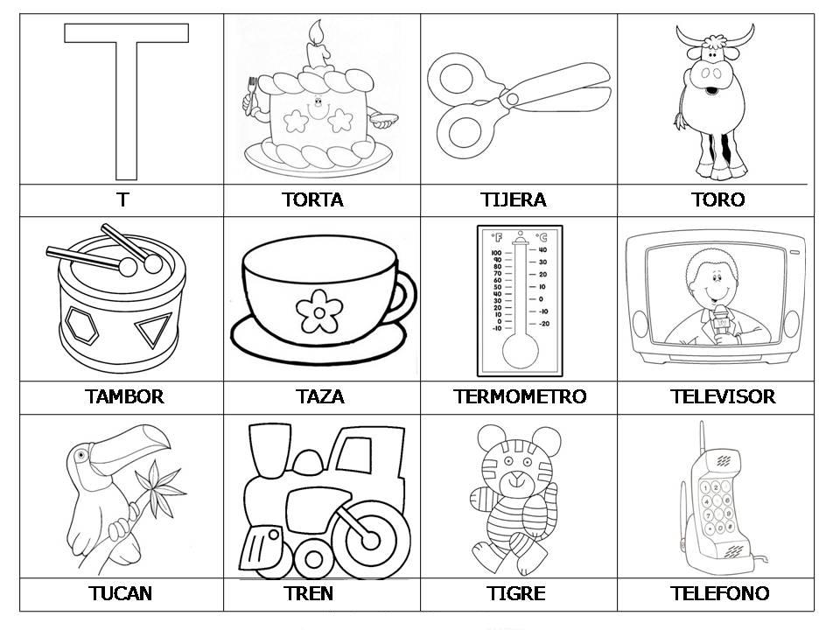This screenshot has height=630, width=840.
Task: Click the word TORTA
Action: (x=313, y=199)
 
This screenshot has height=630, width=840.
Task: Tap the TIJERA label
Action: (x=514, y=199)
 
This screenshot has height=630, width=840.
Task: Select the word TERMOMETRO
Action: (x=520, y=396)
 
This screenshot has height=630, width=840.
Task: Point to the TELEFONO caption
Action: (x=719, y=593)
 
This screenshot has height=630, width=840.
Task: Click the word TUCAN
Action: (x=121, y=593)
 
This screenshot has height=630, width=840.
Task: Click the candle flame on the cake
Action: (x=316, y=31)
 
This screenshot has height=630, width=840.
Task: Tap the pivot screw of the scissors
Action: (x=512, y=99)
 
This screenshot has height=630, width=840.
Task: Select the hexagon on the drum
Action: (x=82, y=325)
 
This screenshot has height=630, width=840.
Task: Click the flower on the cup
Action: (x=319, y=311)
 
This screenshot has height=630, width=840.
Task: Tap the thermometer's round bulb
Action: (x=520, y=351)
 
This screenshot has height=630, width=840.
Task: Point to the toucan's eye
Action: (x=81, y=455)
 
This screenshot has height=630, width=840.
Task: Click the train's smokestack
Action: (x=270, y=450)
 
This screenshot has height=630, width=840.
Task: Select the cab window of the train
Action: (x=353, y=454)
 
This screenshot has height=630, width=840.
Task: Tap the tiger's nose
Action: (x=517, y=476)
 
